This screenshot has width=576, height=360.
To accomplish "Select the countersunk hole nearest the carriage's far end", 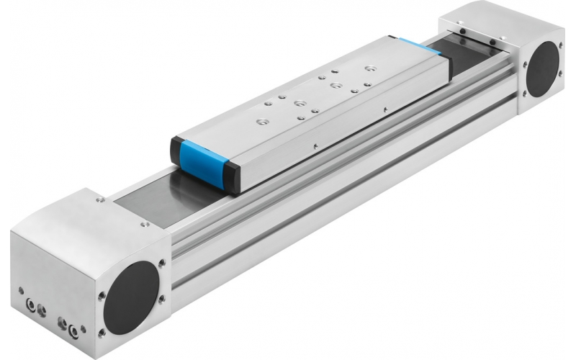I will click(x=370, y=69).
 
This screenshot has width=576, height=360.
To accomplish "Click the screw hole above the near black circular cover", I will click(x=161, y=262).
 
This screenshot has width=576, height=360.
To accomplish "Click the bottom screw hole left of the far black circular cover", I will click(x=524, y=94).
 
